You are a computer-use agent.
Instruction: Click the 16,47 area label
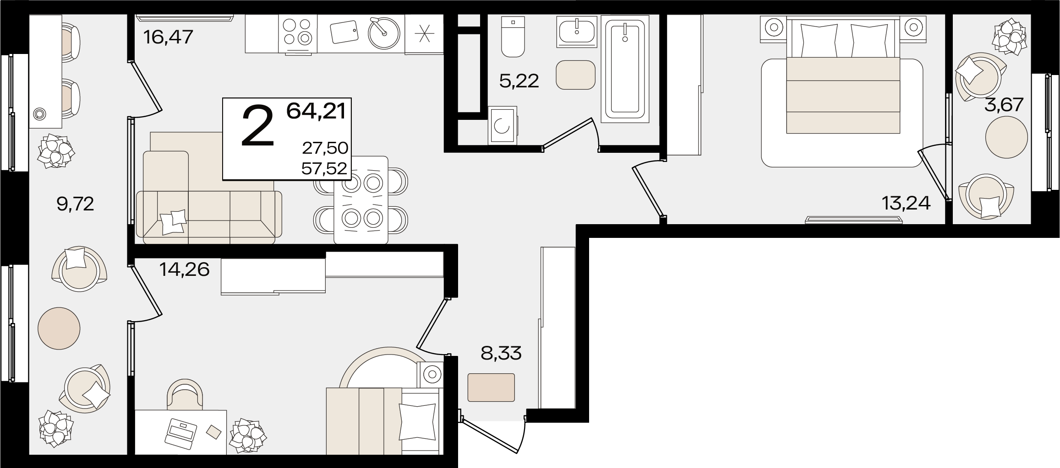(168, 37)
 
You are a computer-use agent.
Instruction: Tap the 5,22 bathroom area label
(519, 81)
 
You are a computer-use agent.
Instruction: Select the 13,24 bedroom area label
(906, 202)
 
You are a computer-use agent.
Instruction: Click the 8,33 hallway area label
(501, 353)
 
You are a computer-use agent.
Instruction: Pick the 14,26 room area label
(184, 269)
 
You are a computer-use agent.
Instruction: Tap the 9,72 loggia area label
(75, 204)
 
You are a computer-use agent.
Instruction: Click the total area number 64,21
(316, 111)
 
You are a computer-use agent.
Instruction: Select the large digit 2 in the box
(257, 126)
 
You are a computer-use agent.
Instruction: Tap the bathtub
(625, 69)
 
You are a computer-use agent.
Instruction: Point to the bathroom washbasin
(577, 31)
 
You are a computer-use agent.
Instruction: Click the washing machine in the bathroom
(503, 124)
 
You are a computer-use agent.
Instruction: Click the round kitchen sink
(384, 32)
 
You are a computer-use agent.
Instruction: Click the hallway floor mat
(491, 387)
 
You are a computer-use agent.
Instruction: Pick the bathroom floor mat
(576, 75)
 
